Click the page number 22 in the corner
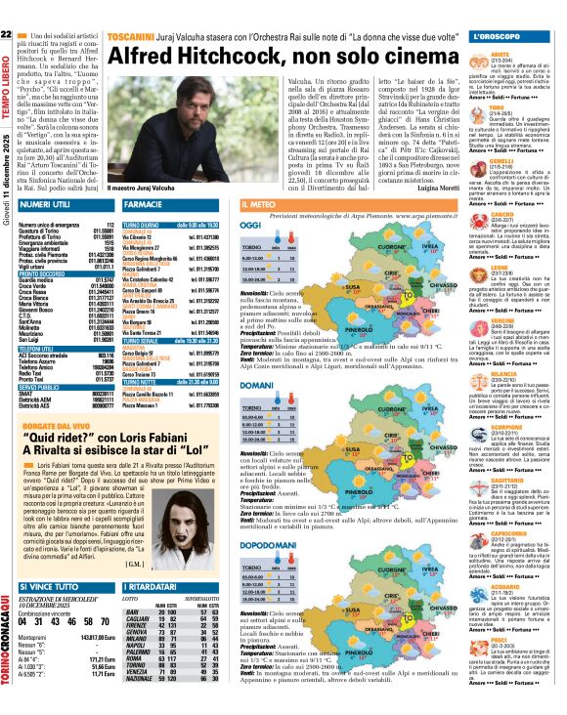[x=7, y=9]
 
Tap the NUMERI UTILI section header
[x=48, y=205]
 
